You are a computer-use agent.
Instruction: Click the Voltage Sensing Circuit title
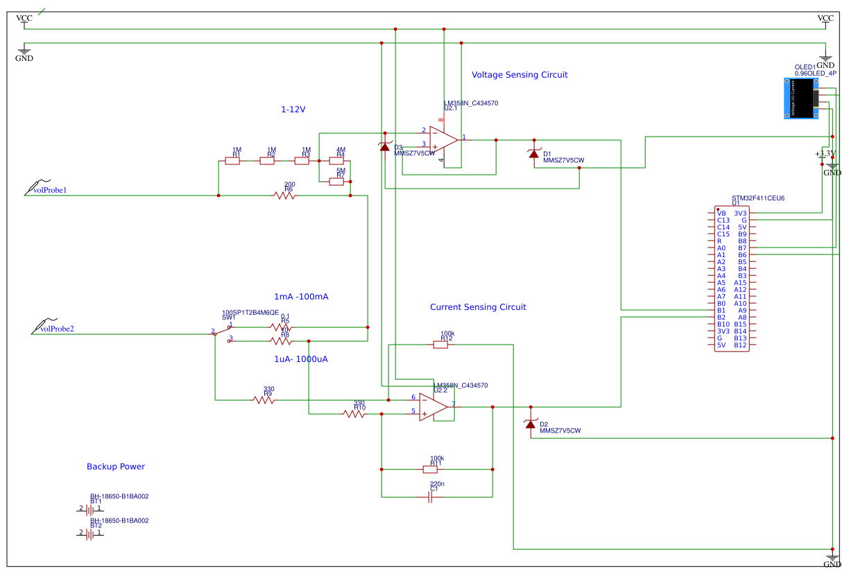[x=520, y=75]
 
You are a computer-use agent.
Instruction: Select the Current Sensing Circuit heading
[x=478, y=307]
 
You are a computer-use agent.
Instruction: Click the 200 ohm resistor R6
[x=284, y=195]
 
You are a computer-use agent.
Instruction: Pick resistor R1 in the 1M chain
[x=233, y=161]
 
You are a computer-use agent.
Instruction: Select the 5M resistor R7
[x=336, y=182]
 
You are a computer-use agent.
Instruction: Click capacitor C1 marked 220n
[x=431, y=497]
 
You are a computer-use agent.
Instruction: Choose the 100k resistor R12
[x=442, y=344]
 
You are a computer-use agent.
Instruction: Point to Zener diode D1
[x=533, y=154]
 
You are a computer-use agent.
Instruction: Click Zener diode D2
[x=531, y=424]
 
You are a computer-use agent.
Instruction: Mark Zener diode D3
[x=384, y=146]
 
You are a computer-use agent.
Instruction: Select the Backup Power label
[x=116, y=467]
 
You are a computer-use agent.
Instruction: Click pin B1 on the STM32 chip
[x=721, y=310]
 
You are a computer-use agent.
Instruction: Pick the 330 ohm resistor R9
[x=264, y=399]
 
